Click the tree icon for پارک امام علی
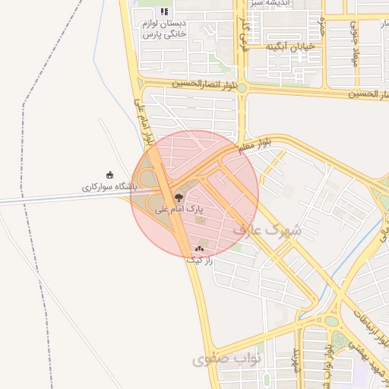click(x=179, y=197)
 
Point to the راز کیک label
click(x=201, y=259)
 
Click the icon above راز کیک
click(x=200, y=248)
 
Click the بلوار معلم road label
click(x=255, y=146)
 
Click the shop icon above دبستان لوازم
click(x=164, y=12)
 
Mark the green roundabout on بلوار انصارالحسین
click(x=242, y=88)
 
